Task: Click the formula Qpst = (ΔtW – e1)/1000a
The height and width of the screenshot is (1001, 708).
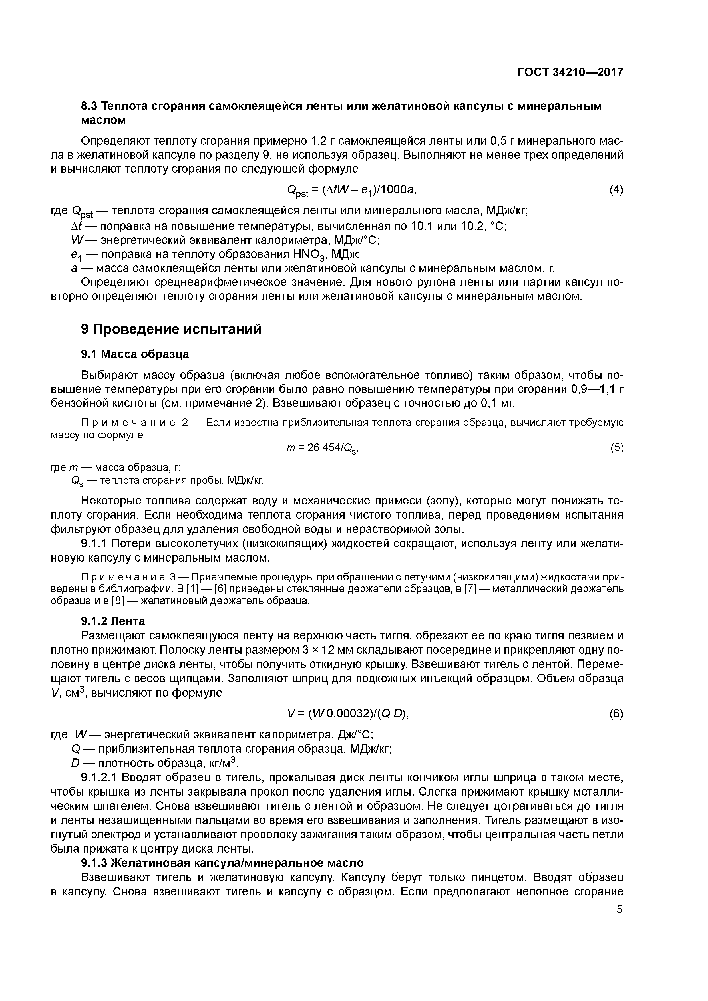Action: click(x=354, y=191)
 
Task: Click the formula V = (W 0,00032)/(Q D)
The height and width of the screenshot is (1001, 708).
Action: click(x=348, y=714)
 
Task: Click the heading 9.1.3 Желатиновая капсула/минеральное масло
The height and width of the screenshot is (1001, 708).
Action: click(x=222, y=863)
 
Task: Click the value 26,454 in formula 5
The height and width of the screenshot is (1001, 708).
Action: click(x=325, y=448)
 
